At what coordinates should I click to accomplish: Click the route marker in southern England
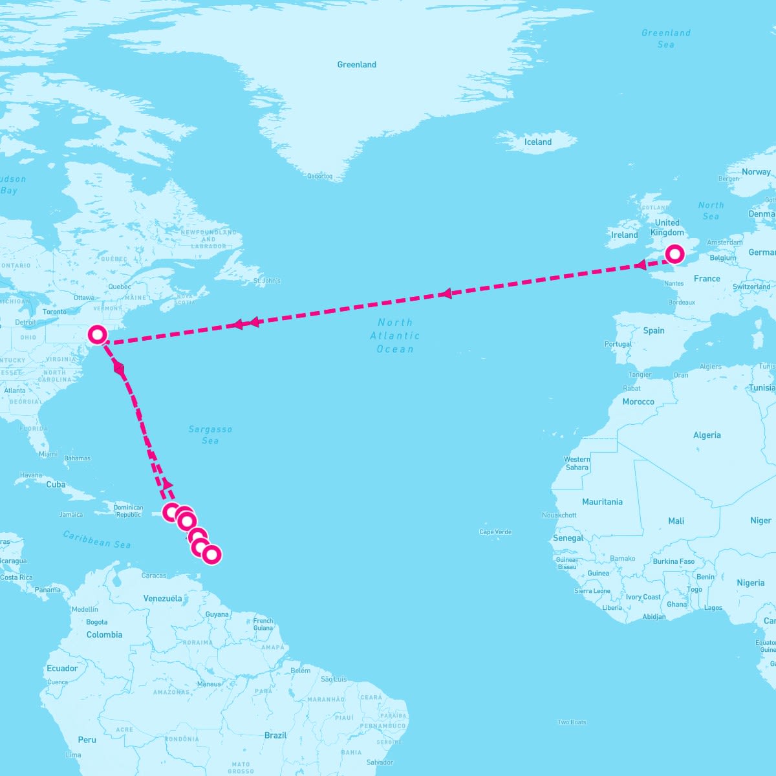pyautogui.click(x=674, y=254)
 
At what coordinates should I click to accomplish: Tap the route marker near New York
pyautogui.click(x=98, y=334)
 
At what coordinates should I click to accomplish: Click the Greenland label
pyautogui.click(x=356, y=65)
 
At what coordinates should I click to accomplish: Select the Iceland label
pyautogui.click(x=538, y=142)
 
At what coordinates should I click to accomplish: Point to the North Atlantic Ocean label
pyautogui.click(x=395, y=336)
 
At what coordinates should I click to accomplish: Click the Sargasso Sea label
pyautogui.click(x=210, y=435)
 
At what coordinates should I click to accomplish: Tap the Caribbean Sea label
pyautogui.click(x=97, y=539)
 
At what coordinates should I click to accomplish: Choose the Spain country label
pyautogui.click(x=654, y=330)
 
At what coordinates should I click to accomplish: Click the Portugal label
pyautogui.click(x=618, y=344)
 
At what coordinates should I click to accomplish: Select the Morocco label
pyautogui.click(x=638, y=402)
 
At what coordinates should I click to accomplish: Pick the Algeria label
pyautogui.click(x=707, y=435)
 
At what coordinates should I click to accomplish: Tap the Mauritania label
pyautogui.click(x=602, y=502)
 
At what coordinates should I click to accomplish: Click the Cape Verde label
pyautogui.click(x=495, y=532)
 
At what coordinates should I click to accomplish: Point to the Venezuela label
pyautogui.click(x=162, y=598)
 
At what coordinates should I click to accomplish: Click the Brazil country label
pyautogui.click(x=275, y=735)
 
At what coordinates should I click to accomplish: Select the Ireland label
pyautogui.click(x=625, y=235)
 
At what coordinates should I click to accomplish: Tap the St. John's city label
pyautogui.click(x=267, y=281)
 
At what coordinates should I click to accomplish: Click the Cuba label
pyautogui.click(x=56, y=484)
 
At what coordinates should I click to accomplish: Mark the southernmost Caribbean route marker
pyautogui.click(x=211, y=554)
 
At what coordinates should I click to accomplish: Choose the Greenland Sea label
pyautogui.click(x=666, y=39)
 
